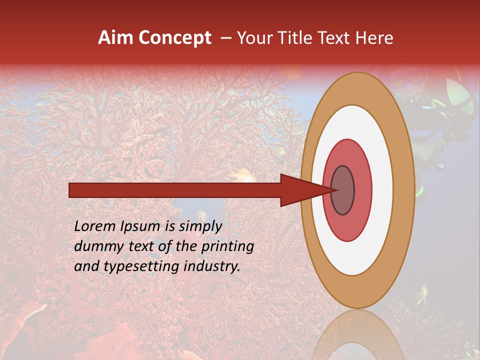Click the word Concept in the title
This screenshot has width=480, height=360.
coord(175,38)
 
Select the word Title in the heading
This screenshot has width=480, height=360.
coord(296,38)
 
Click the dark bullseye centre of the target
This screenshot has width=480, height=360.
coord(343,190)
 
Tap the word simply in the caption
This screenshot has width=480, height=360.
coord(199,226)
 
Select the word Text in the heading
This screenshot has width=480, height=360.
coord(335,38)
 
